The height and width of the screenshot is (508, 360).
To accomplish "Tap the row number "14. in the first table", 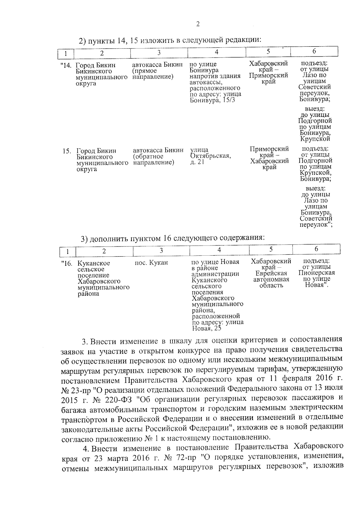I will (66, 65).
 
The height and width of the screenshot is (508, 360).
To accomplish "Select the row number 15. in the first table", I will (67, 151).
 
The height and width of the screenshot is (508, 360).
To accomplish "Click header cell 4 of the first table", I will (217, 52).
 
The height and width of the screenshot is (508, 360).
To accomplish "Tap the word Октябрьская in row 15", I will (210, 156).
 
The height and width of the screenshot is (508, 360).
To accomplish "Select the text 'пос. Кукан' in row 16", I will (151, 263).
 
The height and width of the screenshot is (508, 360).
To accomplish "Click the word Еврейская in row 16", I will (271, 273).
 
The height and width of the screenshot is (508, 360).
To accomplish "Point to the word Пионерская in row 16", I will (316, 273).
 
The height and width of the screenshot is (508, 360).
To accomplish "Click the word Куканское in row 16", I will (94, 263).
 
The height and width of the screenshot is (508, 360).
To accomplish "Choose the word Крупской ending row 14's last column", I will (315, 139).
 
